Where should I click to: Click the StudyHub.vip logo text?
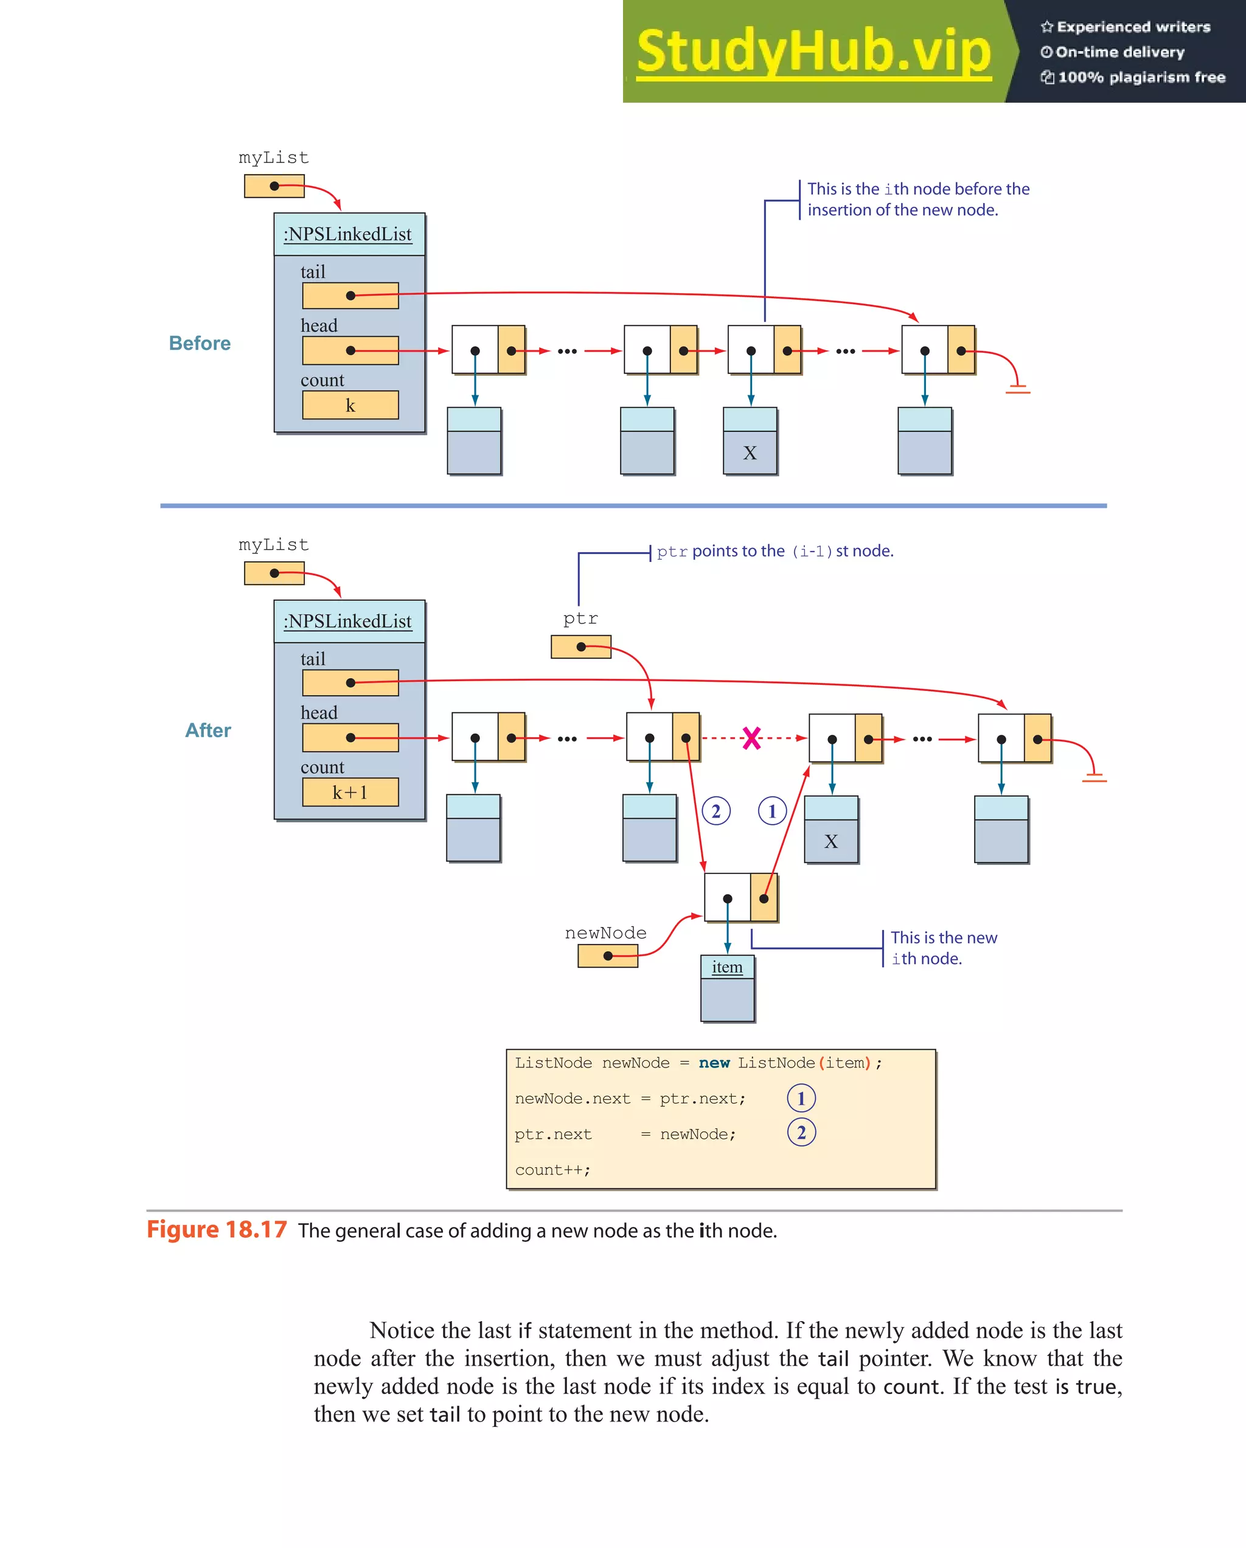point(813,52)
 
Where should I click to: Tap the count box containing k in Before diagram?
point(350,405)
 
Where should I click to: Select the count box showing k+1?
point(350,792)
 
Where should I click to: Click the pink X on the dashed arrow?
point(751,738)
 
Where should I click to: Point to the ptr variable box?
point(580,647)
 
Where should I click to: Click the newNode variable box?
point(608,956)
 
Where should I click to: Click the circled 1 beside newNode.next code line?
point(801,1099)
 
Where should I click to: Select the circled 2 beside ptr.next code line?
point(801,1133)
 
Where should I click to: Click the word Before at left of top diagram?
point(200,343)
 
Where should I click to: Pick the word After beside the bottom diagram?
point(207,730)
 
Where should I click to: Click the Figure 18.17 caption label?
point(216,1230)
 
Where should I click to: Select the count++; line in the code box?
point(552,1170)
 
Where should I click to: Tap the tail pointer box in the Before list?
point(350,296)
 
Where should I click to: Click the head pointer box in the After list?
point(350,737)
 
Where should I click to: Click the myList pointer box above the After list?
point(274,574)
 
